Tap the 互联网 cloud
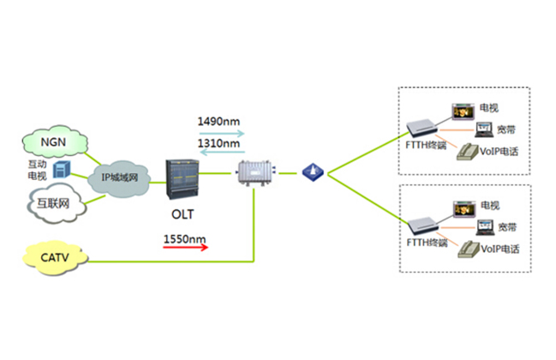pos(52,204)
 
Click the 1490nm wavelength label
pos(219,121)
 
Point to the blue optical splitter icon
pos(311,171)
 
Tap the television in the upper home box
pos(463,111)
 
